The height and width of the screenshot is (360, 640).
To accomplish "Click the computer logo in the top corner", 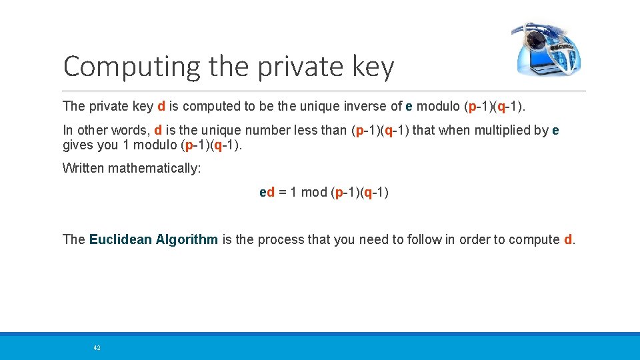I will tap(546, 49).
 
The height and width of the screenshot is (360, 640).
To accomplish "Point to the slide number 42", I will tap(97, 348).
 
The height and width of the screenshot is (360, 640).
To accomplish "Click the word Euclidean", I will tap(120, 239).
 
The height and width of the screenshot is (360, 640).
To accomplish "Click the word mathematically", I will tap(157, 168).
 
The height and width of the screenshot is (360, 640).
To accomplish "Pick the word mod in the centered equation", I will tap(314, 193).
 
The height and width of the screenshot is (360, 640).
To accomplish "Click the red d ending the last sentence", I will tap(568, 239).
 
